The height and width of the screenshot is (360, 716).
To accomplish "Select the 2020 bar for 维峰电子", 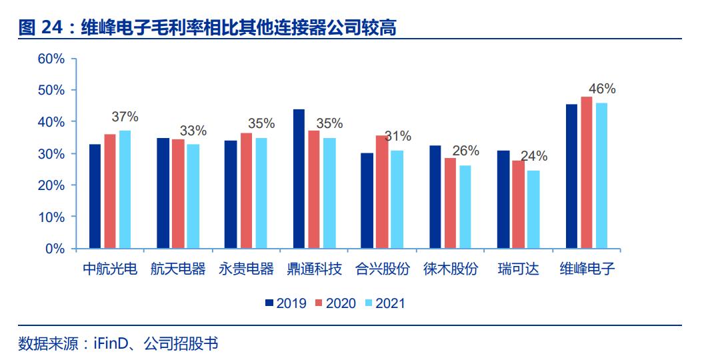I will [587, 173].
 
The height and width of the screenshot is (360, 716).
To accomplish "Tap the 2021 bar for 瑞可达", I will [533, 209].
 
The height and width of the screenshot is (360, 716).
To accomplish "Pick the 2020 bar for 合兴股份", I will [382, 192].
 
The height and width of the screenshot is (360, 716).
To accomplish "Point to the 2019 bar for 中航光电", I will [95, 196].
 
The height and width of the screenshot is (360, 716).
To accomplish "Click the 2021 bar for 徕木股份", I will [465, 207].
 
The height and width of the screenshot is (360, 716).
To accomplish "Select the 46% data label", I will [602, 89].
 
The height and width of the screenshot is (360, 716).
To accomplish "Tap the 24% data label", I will [533, 157].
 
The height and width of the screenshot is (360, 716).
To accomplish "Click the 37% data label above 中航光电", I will [125, 117].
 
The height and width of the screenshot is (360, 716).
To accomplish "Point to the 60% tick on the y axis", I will [51, 59].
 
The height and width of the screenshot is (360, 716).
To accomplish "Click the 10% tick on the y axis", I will [51, 217].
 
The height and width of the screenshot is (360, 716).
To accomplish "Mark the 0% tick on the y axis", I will [55, 249].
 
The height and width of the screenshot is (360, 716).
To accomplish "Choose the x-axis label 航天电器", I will [178, 269].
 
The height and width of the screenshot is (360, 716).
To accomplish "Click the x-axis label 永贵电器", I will [247, 269].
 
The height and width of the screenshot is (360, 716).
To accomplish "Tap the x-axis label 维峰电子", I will [587, 269].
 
